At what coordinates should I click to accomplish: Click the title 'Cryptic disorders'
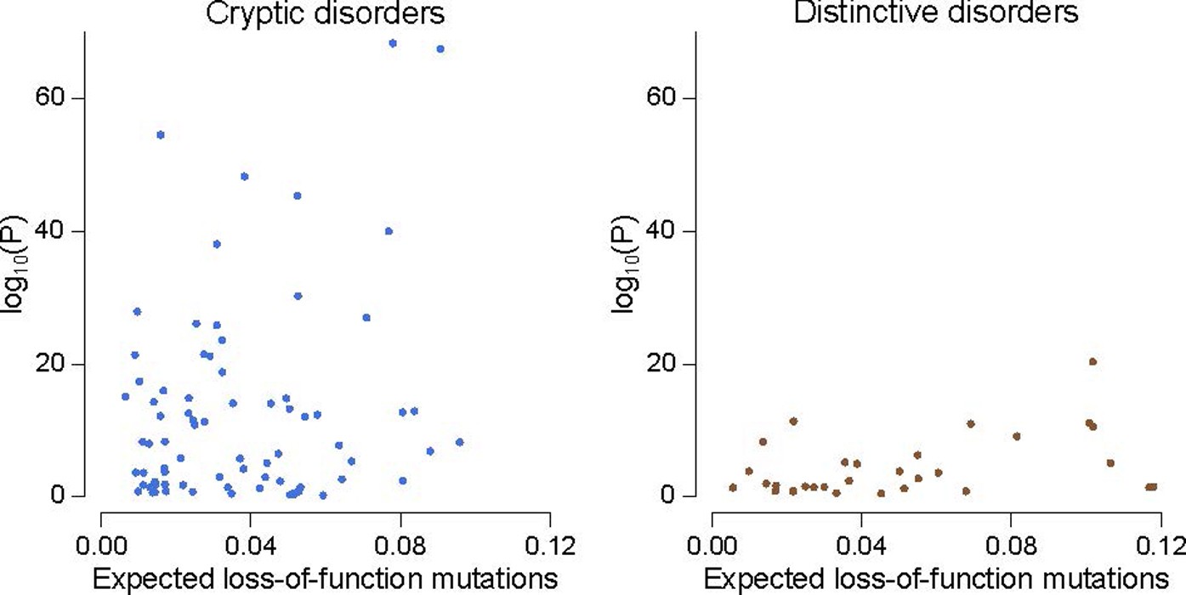(x=325, y=14)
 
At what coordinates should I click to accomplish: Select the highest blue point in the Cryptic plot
(x=393, y=43)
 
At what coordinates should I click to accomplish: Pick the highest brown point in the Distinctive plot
(x=1093, y=361)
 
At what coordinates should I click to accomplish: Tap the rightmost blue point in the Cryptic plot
(x=459, y=442)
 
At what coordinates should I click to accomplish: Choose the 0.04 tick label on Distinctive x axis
(x=861, y=544)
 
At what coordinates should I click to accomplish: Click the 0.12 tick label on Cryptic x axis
(x=549, y=544)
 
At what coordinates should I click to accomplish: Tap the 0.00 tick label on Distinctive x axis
(x=712, y=544)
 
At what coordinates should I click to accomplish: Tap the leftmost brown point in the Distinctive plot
(x=733, y=487)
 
